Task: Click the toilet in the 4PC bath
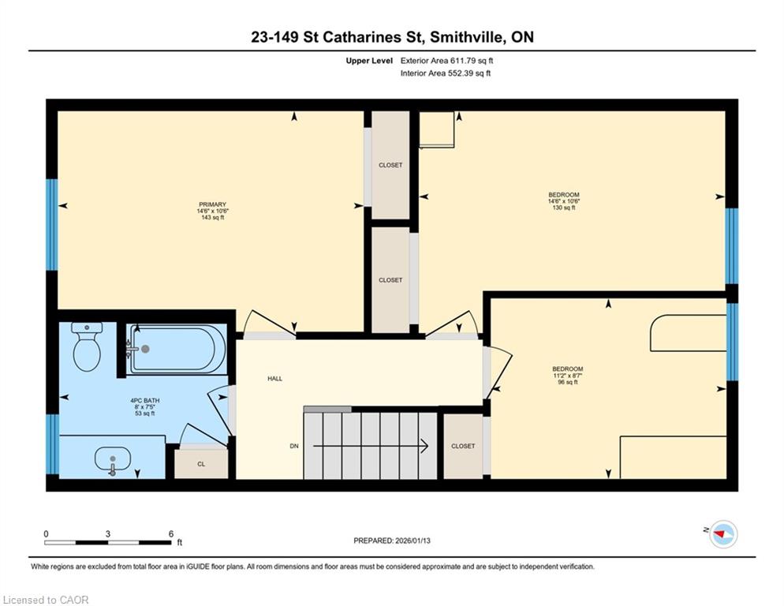[87, 346]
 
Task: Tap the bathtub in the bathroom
[177, 349]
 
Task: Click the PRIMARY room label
[212, 204]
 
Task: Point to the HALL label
[275, 379]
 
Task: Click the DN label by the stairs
[294, 446]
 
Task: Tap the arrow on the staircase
[371, 445]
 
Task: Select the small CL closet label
[201, 465]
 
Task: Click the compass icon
[723, 534]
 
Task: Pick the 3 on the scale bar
[107, 534]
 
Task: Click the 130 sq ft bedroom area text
[564, 208]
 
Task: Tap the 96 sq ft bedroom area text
[568, 383]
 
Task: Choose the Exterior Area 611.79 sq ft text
[446, 61]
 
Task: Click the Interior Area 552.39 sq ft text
[446, 73]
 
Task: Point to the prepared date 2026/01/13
[392, 541]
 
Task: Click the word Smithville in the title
[467, 37]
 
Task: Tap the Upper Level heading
[369, 61]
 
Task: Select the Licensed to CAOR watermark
[46, 600]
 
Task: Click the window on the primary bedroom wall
[52, 225]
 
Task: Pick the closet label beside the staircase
[463, 446]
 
